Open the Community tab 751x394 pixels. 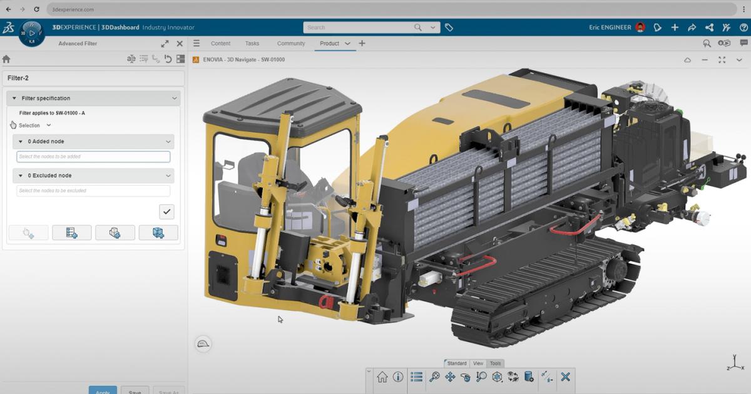[291, 44]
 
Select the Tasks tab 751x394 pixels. [252, 44]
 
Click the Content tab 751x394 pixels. [220, 44]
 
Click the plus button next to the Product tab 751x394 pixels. [362, 44]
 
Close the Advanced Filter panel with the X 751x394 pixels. [180, 44]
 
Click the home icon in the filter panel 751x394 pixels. [6, 59]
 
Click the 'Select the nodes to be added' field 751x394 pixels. [93, 157]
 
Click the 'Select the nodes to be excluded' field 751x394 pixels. [93, 191]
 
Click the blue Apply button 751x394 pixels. [103, 390]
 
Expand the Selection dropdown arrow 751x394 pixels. [49, 126]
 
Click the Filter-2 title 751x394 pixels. [18, 78]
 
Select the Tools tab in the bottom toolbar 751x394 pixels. [495, 363]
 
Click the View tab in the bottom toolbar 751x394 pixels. [478, 363]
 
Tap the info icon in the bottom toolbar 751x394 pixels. [398, 377]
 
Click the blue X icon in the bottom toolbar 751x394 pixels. [565, 377]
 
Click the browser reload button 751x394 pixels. [37, 9]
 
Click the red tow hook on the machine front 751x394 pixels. [325, 302]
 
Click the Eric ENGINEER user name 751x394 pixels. [610, 28]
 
